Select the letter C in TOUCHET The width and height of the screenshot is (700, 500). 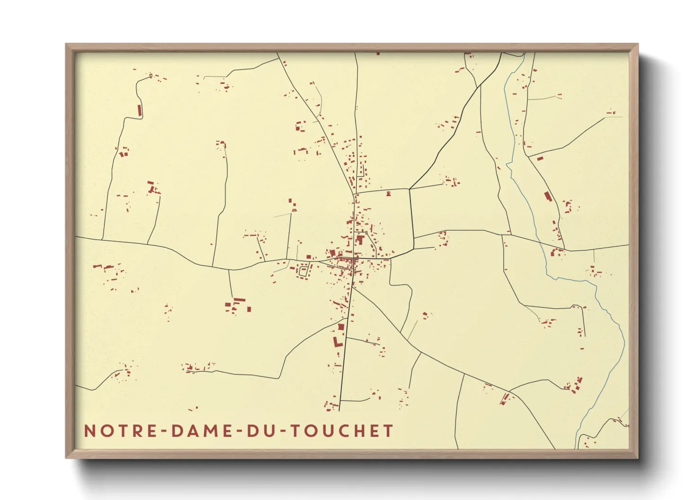pyautogui.click(x=341, y=431)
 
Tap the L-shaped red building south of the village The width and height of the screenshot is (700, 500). pyautogui.click(x=336, y=341)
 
